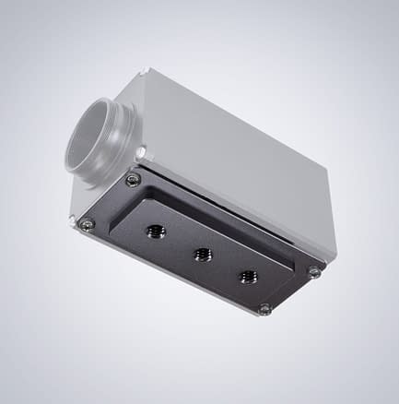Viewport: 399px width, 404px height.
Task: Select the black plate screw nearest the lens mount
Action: (134, 180)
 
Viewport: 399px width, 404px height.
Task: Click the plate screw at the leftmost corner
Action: (88, 224)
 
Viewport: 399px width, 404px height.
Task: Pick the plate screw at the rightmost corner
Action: (314, 271)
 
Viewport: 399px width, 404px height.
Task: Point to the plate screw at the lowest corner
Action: (264, 309)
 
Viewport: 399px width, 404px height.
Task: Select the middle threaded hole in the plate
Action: (201, 254)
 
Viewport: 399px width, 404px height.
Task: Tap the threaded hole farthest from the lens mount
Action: (247, 275)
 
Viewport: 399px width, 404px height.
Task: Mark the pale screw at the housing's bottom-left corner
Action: (73, 220)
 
